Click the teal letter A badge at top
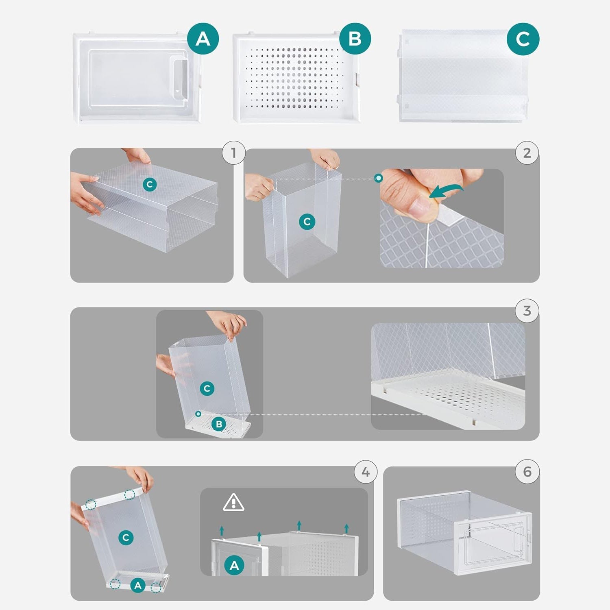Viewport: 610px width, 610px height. [x=203, y=39]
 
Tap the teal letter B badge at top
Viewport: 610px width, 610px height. [x=355, y=39]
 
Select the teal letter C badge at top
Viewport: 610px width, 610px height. [x=523, y=39]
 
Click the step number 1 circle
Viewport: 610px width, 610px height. [x=233, y=153]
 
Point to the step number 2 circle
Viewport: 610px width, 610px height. [x=527, y=153]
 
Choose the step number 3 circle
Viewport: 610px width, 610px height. [x=527, y=311]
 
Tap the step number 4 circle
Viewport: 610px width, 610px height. [x=366, y=472]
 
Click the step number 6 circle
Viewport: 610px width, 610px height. [x=527, y=472]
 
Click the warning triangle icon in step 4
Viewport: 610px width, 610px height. [x=233, y=503]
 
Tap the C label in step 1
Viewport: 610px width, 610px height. [x=150, y=185]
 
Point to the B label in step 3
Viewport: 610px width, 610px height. [x=219, y=424]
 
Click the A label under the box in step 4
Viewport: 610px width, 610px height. [x=138, y=586]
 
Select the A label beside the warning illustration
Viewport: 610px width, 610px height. [x=234, y=565]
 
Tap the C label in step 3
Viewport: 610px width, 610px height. [x=207, y=388]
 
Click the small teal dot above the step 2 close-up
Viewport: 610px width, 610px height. [x=379, y=178]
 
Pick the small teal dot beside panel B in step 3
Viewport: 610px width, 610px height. [x=198, y=414]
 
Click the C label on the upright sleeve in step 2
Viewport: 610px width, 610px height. [x=307, y=222]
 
